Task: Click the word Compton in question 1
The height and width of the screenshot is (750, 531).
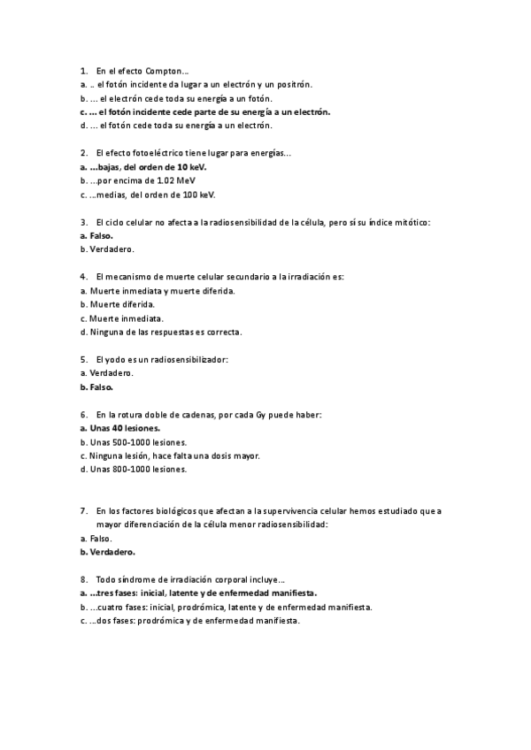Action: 168,70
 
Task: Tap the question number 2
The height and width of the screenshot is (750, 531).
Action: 82,153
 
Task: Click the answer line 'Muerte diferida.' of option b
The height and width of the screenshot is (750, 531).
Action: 121,304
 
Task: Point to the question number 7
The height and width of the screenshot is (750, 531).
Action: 82,511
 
